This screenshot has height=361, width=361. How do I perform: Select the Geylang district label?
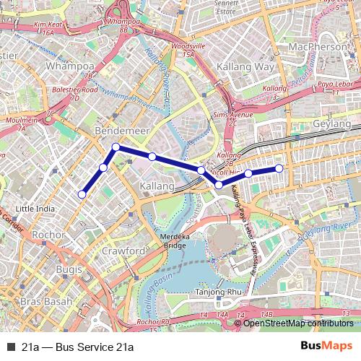click(331, 124)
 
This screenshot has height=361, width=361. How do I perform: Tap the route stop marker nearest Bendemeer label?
click(116, 147)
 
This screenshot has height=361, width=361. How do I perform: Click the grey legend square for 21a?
click(11, 346)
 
